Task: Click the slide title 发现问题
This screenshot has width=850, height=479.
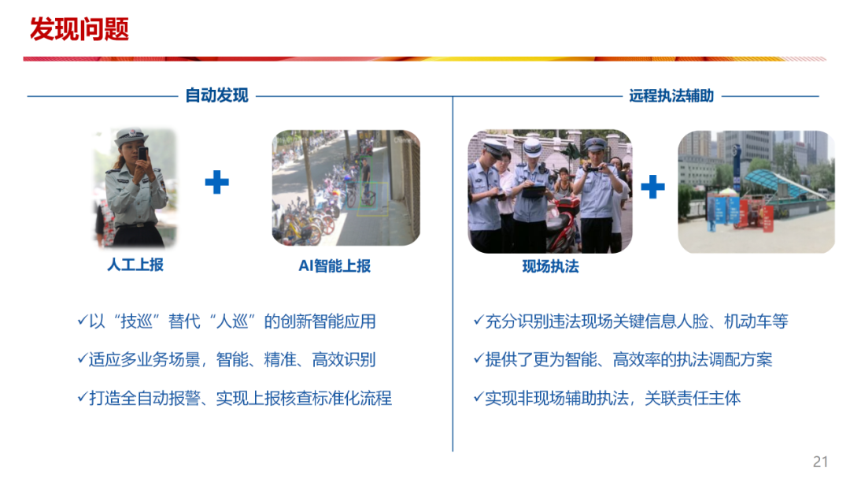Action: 79,30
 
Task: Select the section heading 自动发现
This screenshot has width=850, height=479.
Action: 216,96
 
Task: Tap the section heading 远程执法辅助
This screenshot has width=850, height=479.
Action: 671,96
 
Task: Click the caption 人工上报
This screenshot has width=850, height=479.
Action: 135,265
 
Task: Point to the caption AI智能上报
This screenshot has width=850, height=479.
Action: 334,266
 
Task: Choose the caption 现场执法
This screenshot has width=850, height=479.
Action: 550,267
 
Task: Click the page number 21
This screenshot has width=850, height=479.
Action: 821,462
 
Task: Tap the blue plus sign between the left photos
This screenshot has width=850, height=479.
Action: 216,183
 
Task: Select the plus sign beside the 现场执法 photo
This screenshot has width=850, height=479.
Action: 652,187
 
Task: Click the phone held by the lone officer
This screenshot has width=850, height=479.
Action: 142,153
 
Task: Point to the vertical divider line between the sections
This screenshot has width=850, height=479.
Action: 453,315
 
